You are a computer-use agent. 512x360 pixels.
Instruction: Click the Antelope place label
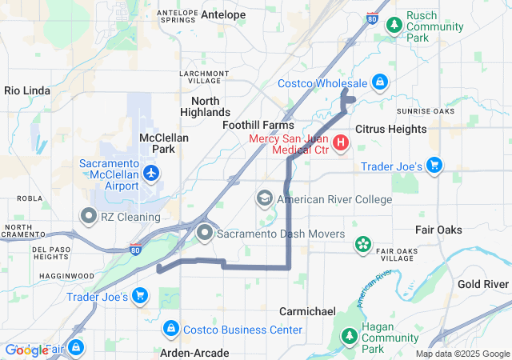[223, 14]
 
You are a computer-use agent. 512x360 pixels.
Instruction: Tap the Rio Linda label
[26, 90]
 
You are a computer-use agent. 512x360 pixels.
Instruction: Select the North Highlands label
[210, 106]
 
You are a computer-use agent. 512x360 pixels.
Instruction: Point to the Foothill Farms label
[258, 125]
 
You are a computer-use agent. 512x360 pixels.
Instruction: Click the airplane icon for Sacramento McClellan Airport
[151, 172]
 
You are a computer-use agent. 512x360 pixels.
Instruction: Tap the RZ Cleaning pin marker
[88, 216]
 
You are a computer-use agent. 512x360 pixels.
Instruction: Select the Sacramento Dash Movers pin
[205, 234]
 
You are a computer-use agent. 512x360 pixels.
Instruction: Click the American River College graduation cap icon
[265, 198]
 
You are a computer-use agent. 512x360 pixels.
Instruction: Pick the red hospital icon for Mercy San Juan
[341, 144]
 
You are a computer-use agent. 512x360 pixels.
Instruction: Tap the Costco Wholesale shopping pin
[380, 82]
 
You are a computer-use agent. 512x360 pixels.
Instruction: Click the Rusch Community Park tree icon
[394, 26]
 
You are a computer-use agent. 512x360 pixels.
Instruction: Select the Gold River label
[483, 284]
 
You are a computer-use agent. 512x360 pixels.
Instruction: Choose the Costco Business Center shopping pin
[170, 329]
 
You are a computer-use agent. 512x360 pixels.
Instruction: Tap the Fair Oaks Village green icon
[363, 242]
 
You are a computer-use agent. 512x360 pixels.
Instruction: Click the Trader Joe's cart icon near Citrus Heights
[434, 166]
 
